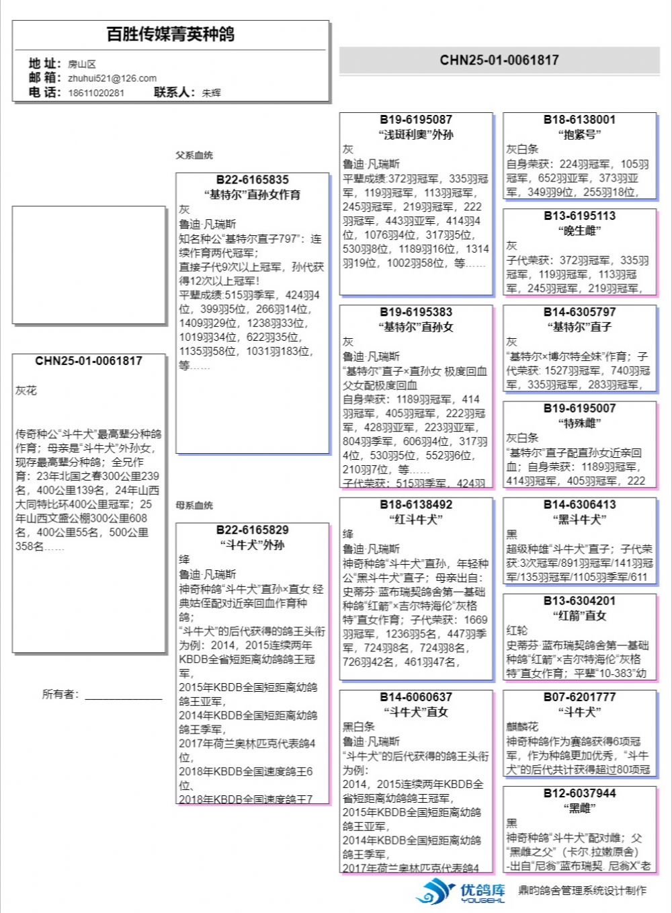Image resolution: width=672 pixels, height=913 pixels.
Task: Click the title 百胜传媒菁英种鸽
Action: pos(171,34)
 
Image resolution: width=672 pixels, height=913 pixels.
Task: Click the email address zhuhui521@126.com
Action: pos(112,78)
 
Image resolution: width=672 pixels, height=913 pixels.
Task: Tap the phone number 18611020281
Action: pos(96,93)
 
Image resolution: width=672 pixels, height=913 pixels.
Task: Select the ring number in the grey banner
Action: pos(499,60)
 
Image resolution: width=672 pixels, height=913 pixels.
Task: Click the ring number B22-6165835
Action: pos(252,180)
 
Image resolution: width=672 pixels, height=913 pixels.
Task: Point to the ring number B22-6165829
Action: pos(252,530)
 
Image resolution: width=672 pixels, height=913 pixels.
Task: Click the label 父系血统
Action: pos(194,155)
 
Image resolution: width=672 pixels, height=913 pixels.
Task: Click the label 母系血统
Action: pos(194,506)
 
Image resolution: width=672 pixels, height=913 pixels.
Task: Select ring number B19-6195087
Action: pos(416,120)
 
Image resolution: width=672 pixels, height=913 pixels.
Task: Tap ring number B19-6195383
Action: pos(416,312)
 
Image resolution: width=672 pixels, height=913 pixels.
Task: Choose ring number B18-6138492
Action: pos(416,504)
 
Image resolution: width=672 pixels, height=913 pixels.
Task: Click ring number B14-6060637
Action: pos(416,697)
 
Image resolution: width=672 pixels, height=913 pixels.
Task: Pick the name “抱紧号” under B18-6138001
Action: pos(579,134)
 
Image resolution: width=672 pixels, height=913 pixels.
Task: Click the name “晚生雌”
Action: pos(579,231)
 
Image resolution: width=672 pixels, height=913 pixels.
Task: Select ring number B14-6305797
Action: pos(579,312)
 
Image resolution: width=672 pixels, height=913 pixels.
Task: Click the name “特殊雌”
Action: pos(579,423)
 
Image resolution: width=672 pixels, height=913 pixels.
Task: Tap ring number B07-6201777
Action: pos(579,697)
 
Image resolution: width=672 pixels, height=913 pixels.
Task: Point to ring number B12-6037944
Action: pos(579,793)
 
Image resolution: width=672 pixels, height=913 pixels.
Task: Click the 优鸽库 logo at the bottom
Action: pos(461,891)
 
